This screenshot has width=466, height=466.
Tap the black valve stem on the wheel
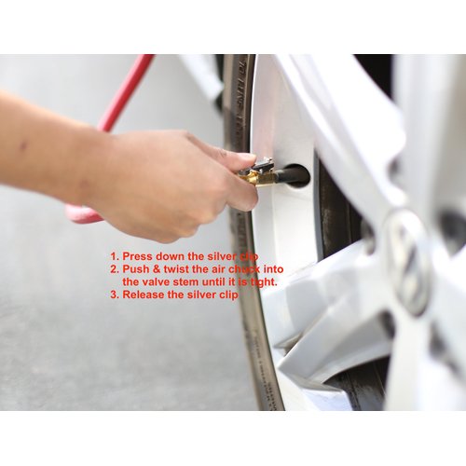(291, 174)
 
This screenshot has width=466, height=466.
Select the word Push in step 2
(136, 268)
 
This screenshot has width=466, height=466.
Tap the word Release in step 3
(144, 295)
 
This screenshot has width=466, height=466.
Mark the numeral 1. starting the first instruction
(114, 255)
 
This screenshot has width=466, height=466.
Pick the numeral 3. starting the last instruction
(114, 295)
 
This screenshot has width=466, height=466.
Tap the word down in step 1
(171, 255)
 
